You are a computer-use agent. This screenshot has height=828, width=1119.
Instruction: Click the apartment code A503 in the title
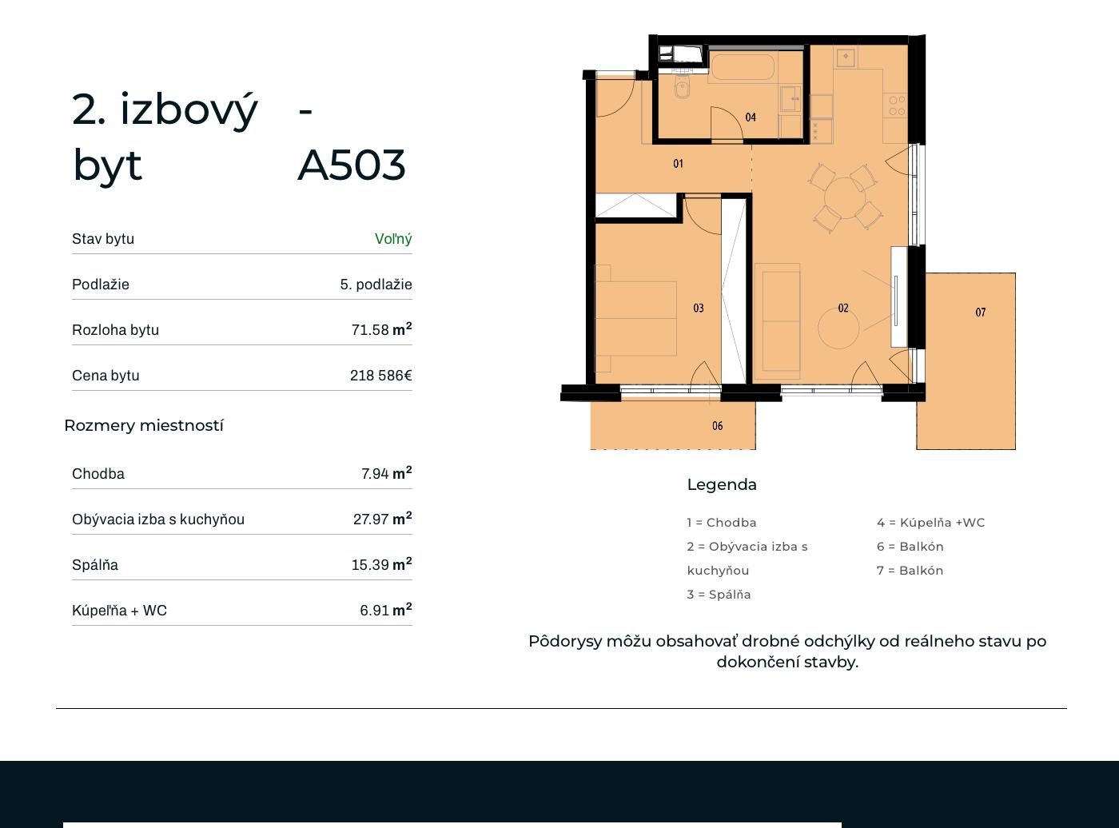coord(351,165)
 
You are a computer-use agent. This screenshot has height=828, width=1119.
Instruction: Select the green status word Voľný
coord(393,239)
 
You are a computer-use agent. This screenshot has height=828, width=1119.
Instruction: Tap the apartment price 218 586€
coord(381,376)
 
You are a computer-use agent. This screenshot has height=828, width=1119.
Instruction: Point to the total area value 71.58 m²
coord(381,329)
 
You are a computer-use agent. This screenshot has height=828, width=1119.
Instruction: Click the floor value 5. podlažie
coord(376,285)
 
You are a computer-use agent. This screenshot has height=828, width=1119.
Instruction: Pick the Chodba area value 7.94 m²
coord(386,473)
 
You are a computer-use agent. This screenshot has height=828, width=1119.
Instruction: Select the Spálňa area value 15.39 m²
coord(381,563)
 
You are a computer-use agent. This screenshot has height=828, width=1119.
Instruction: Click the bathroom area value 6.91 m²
coord(386,610)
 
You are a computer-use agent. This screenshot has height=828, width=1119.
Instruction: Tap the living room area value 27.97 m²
coord(382,518)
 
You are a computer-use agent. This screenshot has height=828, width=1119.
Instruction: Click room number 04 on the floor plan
coord(751,117)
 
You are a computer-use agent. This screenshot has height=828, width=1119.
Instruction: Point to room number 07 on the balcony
coord(980,312)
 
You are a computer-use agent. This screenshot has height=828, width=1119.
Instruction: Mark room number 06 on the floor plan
coord(718,426)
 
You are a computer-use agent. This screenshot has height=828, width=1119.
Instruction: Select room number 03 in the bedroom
coord(699,308)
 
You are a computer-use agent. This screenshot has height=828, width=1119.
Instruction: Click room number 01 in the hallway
coord(678,164)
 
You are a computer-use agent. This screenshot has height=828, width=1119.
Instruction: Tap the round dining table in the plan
coord(845,198)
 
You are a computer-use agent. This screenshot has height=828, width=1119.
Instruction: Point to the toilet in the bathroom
coord(682,87)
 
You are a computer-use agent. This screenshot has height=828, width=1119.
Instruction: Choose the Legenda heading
coord(722,484)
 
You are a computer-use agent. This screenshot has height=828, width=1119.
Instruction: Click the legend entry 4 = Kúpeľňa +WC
coord(930,522)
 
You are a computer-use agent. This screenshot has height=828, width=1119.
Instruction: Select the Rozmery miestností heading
coord(144,425)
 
